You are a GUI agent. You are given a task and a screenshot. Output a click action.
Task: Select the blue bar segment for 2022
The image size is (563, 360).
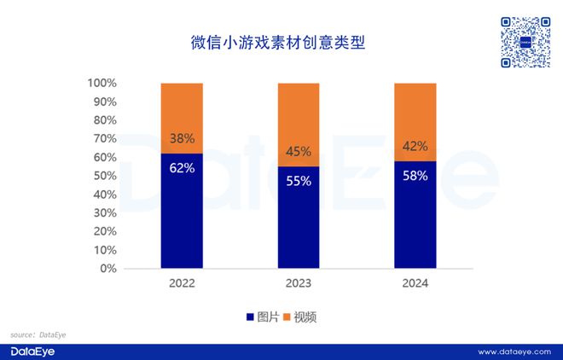pos(183,213)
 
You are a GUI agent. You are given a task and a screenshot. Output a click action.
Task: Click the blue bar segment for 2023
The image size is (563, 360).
pos(299,218)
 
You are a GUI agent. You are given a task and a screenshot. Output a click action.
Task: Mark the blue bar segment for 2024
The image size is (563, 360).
pos(415,215)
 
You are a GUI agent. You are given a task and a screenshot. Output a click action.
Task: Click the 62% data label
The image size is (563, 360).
pos(183,168)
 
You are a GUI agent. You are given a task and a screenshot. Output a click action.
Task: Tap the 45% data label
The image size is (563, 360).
pos(299,153)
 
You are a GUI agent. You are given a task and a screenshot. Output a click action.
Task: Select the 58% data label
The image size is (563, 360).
pos(415,175)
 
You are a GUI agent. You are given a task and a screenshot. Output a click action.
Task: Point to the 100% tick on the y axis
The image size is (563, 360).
pos(102,84)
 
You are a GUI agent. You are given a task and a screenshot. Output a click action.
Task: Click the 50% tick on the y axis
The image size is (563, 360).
pos(105,176)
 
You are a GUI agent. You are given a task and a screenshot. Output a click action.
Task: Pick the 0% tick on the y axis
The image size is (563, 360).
pos(108,269)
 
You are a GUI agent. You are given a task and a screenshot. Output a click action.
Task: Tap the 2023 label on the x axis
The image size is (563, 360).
pos(299,283)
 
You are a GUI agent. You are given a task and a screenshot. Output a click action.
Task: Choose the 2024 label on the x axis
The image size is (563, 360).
pos(415,283)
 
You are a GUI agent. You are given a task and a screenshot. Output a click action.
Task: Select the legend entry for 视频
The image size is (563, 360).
pos(299,317)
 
